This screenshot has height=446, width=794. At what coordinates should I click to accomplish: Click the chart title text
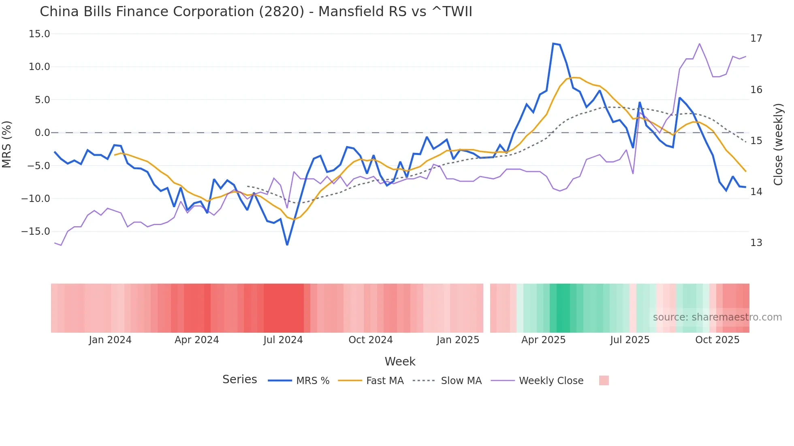pyautogui.click(x=256, y=12)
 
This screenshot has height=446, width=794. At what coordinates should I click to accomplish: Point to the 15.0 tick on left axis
pyautogui.click(x=39, y=34)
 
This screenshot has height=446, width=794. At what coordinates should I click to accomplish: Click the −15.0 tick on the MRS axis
pyautogui.click(x=36, y=231)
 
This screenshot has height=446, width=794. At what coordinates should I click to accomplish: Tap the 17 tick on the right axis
pyautogui.click(x=756, y=38)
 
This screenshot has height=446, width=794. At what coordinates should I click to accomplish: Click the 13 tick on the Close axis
pyautogui.click(x=756, y=243)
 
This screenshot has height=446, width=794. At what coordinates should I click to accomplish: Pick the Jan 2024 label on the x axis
pyautogui.click(x=110, y=340)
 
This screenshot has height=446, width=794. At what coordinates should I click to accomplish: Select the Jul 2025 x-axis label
pyautogui.click(x=630, y=340)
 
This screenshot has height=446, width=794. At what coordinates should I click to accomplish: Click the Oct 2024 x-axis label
pyautogui.click(x=370, y=340)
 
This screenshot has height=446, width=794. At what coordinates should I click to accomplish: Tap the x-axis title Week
pyautogui.click(x=400, y=361)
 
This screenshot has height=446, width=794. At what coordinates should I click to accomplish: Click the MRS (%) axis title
pyautogui.click(x=7, y=144)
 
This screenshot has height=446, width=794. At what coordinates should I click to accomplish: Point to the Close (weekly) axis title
pyautogui.click(x=778, y=144)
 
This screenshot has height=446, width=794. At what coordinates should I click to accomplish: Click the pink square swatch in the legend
pyautogui.click(x=604, y=380)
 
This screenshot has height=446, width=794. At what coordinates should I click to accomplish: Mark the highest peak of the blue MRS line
pyautogui.click(x=553, y=43)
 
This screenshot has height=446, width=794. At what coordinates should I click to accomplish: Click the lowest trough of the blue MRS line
pyautogui.click(x=287, y=245)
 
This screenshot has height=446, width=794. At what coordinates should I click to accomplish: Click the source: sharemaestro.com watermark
pyautogui.click(x=717, y=317)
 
